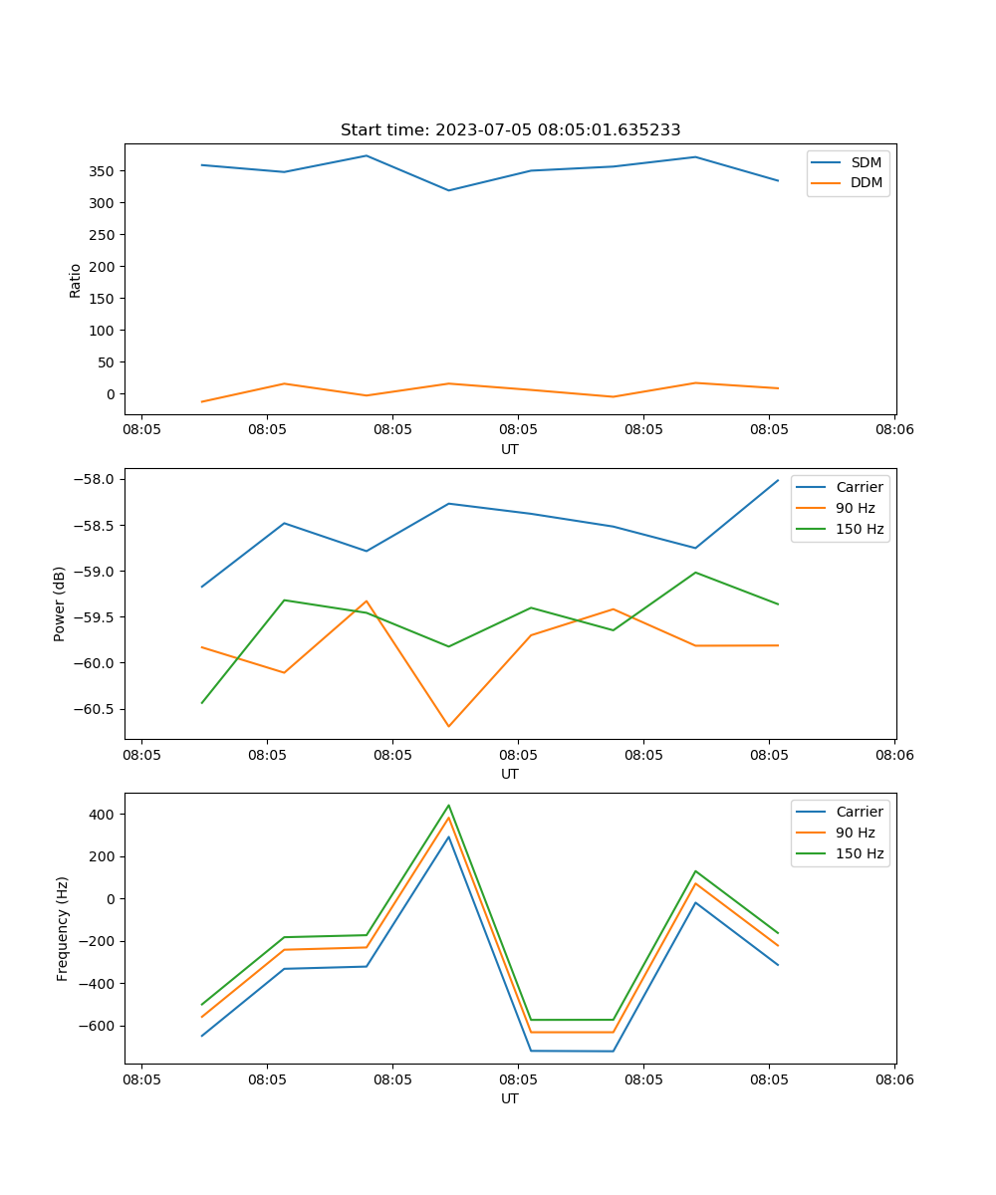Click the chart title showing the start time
(510, 130)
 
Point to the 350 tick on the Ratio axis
(104, 171)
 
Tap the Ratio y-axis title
(76, 280)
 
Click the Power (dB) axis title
(60, 603)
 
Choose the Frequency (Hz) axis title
(62, 928)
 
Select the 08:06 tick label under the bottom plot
(893, 1079)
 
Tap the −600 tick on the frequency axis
(98, 1026)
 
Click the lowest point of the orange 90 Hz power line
(448, 726)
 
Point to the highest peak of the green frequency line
(448, 806)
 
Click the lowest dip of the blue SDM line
(448, 190)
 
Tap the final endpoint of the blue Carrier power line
(778, 480)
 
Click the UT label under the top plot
(510, 449)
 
